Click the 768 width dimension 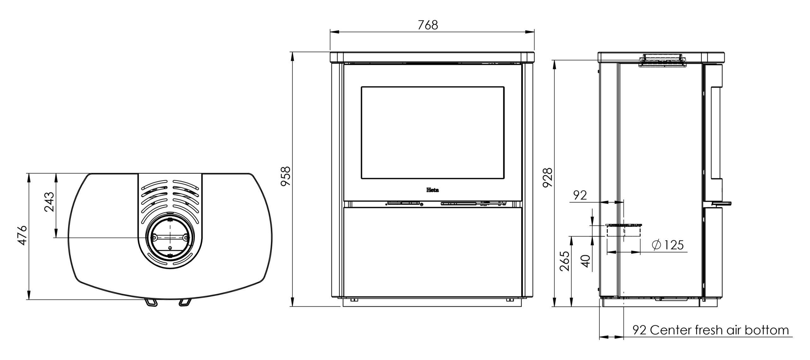click(x=428, y=25)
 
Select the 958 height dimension click(x=286, y=176)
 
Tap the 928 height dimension click(x=547, y=177)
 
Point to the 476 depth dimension click(x=22, y=235)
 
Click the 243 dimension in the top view click(x=49, y=202)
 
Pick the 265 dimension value click(x=564, y=261)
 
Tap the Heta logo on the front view click(x=433, y=190)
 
